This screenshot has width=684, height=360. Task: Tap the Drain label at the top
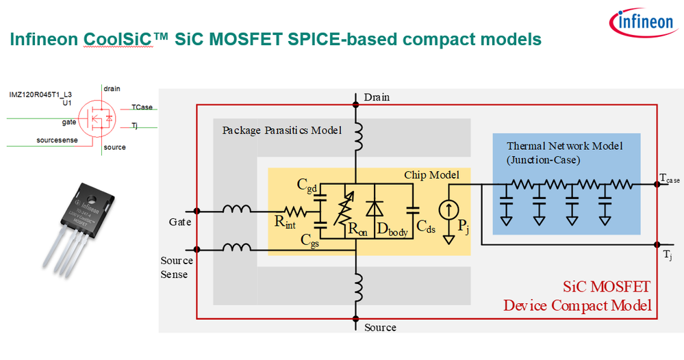377,97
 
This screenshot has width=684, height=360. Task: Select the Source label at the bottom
380,327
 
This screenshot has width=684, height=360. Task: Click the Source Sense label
177,268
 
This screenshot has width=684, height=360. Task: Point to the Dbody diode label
392,231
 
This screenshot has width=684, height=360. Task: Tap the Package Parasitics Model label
281,130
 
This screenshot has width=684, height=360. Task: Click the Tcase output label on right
669,178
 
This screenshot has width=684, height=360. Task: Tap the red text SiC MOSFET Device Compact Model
577,295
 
